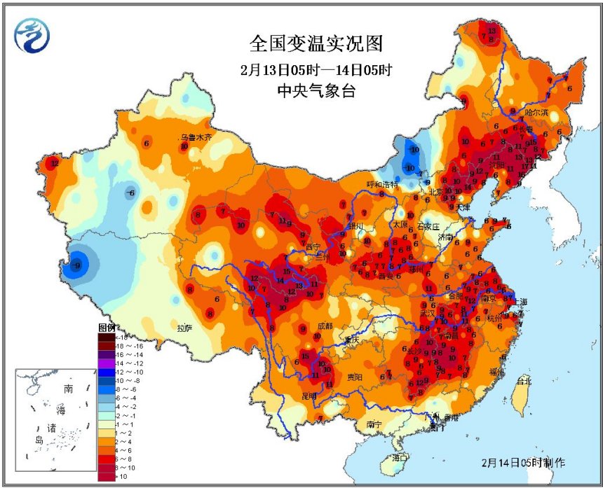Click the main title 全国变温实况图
tap(316, 43)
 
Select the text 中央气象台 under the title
tap(316, 90)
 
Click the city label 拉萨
tap(185, 327)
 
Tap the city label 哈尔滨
tap(536, 112)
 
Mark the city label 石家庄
tap(427, 226)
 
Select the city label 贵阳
tap(355, 377)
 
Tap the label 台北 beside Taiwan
tap(523, 382)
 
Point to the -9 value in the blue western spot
tap(77, 265)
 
